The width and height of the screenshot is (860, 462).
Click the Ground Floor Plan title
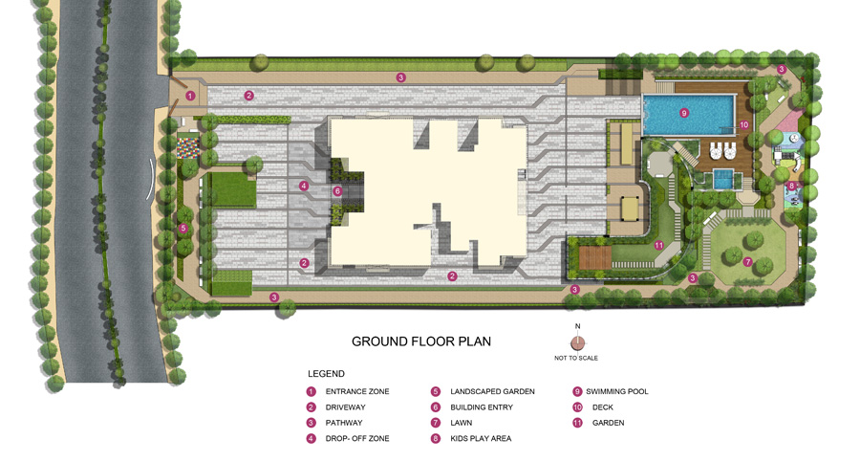point(421,341)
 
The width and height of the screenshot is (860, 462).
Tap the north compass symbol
point(577,343)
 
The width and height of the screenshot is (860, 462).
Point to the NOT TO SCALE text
point(576,358)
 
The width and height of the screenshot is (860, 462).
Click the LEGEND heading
point(326,374)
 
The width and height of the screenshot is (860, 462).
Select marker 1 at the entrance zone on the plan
point(190,96)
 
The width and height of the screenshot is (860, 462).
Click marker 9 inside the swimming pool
point(683,113)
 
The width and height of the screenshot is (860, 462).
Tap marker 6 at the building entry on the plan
point(337,191)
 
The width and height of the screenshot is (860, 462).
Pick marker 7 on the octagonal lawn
point(747,262)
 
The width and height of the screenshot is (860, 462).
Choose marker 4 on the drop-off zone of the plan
point(304,186)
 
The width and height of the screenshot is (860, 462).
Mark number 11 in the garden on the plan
point(658,245)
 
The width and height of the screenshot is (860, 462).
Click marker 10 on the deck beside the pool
point(743,124)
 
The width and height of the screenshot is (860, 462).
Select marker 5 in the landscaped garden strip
point(183,228)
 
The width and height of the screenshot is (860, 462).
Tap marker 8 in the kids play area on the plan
point(791,186)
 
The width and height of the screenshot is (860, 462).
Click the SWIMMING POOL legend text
point(617,391)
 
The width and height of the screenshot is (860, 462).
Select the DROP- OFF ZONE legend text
point(357,438)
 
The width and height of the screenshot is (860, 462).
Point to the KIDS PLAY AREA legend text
point(481,438)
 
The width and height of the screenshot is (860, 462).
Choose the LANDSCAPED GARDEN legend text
point(492,391)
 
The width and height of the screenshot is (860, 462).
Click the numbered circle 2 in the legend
point(311,407)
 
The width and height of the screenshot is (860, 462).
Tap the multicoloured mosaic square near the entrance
point(187,148)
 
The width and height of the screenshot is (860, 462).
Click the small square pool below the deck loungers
point(723,179)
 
